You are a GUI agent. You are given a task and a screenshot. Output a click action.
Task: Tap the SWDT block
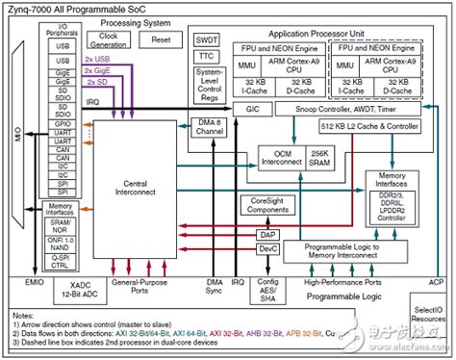206,40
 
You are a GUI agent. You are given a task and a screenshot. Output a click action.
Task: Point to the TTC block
206,57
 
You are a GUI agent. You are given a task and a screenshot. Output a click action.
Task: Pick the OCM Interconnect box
280,158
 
